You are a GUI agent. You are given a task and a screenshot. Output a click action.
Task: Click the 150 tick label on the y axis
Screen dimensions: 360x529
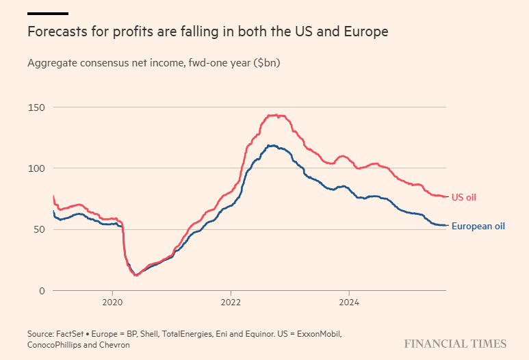[36, 107]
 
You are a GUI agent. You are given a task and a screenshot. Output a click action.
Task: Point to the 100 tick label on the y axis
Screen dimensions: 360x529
[36, 168]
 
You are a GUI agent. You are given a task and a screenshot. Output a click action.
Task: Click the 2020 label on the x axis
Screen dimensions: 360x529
[112, 302]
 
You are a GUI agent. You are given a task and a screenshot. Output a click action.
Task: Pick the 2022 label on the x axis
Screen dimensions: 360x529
[231, 302]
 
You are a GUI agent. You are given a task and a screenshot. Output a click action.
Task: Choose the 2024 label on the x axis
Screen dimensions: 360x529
[349, 302]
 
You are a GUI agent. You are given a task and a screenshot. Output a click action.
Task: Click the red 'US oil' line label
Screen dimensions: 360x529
[463, 197]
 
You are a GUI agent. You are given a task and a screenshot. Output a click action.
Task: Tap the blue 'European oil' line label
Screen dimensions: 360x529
[478, 226]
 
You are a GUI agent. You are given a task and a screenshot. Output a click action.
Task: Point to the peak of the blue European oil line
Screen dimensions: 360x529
[272, 145]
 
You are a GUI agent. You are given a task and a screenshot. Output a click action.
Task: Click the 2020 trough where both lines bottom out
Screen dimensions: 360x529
[136, 275]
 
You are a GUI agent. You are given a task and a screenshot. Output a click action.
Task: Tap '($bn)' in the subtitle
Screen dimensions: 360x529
[266, 63]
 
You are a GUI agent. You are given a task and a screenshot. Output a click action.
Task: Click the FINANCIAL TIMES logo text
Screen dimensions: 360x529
[455, 344]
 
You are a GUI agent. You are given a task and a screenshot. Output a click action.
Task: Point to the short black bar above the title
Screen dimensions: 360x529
[47, 13]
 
